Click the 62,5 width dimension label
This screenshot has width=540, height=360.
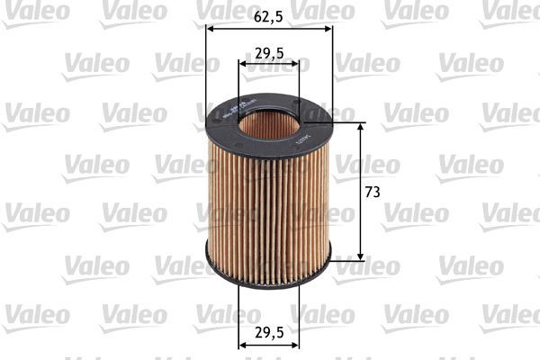tap(269, 15)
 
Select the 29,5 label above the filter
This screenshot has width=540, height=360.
tap(269, 53)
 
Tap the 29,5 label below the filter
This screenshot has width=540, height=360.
tap(269, 331)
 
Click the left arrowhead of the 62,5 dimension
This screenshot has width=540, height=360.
tap(211, 28)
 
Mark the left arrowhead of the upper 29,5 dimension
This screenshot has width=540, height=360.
tap(243, 64)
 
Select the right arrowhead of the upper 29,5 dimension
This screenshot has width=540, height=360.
tap(295, 64)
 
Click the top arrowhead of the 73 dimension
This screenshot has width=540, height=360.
tap(362, 127)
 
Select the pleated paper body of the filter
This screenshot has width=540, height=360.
tap(268, 207)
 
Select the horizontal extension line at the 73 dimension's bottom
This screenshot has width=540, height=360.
tap(346, 260)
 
